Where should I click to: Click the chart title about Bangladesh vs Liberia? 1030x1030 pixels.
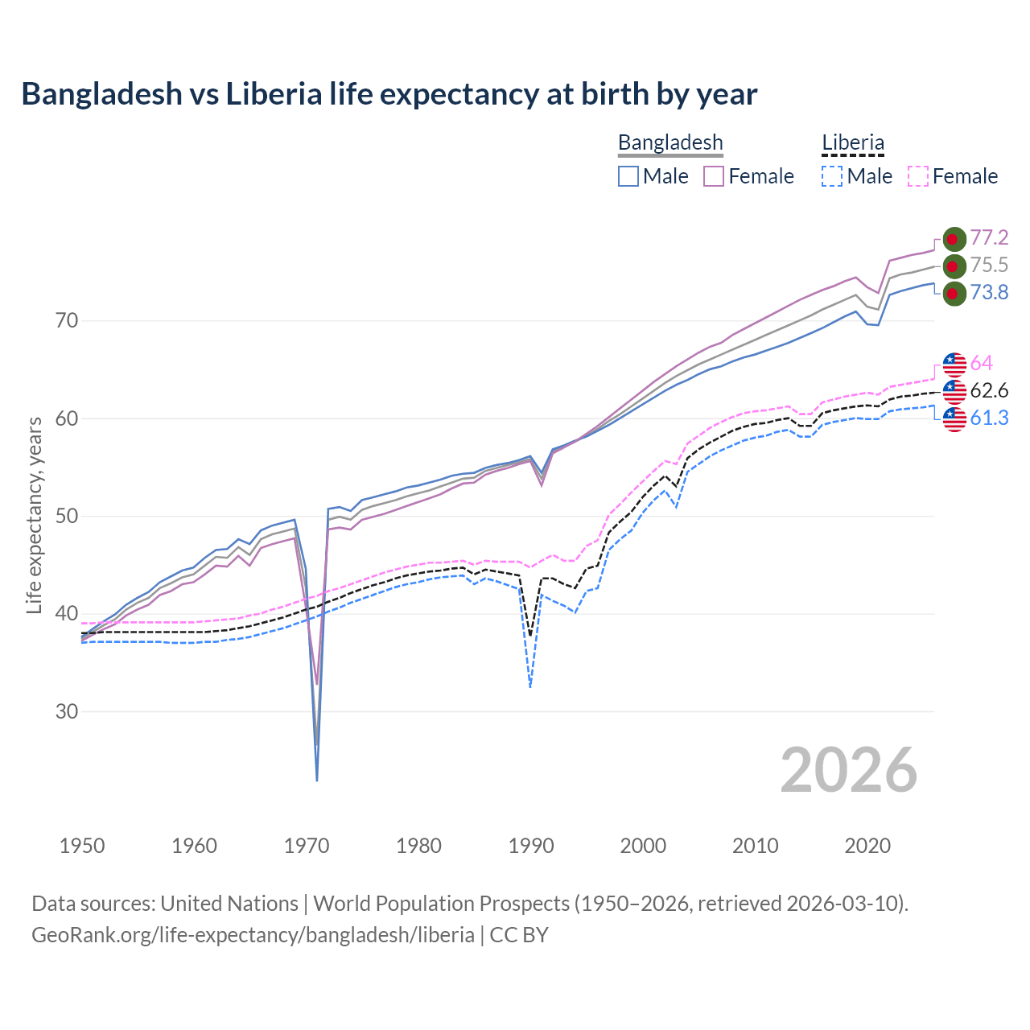[x=389, y=94]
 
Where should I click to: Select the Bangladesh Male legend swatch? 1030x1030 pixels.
[x=628, y=176]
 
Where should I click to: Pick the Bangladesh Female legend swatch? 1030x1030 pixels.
[x=714, y=176]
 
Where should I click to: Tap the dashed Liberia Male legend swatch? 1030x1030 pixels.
[x=832, y=176]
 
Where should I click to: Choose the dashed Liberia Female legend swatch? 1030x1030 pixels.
[x=918, y=176]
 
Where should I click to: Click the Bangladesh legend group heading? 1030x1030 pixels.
[x=670, y=142]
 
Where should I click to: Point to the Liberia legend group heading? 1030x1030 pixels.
[x=853, y=142]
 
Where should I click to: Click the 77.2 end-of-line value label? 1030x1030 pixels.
[x=989, y=237]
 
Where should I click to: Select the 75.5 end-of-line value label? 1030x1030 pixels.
[x=989, y=265]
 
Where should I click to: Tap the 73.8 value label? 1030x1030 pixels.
[x=989, y=292]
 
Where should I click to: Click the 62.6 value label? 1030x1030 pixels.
[x=989, y=391]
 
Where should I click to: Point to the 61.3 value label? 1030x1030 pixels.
[x=989, y=418]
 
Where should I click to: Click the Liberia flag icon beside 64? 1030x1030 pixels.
[x=954, y=364]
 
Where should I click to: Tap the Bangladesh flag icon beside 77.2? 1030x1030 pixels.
[x=954, y=239]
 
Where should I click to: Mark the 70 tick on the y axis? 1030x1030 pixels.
[x=67, y=321]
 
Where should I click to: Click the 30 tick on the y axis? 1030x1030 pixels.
[x=67, y=712]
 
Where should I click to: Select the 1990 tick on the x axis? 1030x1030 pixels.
[x=531, y=846]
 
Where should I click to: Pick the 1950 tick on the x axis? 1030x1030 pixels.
[x=82, y=846]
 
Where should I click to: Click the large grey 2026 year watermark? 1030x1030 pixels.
[x=848, y=770]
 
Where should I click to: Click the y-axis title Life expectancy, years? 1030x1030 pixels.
[x=34, y=515]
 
